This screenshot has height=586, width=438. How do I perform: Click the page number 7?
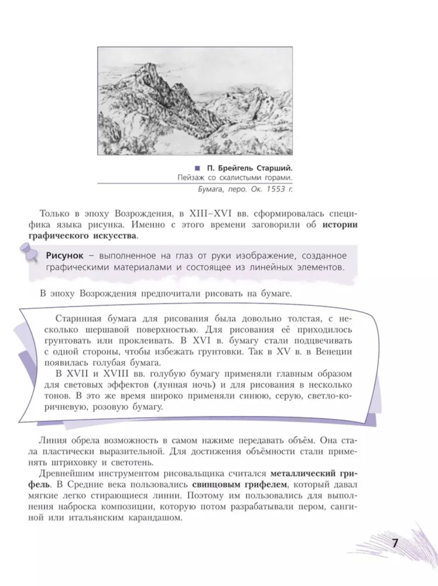[x=395, y=544]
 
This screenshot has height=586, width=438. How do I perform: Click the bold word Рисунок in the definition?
[x=64, y=256]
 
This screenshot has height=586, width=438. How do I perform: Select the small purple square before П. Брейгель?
[x=197, y=168]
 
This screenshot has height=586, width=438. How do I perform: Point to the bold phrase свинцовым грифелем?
[x=239, y=485]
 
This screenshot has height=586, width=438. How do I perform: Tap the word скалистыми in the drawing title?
[x=237, y=178]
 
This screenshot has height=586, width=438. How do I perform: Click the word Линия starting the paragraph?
[x=52, y=440]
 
